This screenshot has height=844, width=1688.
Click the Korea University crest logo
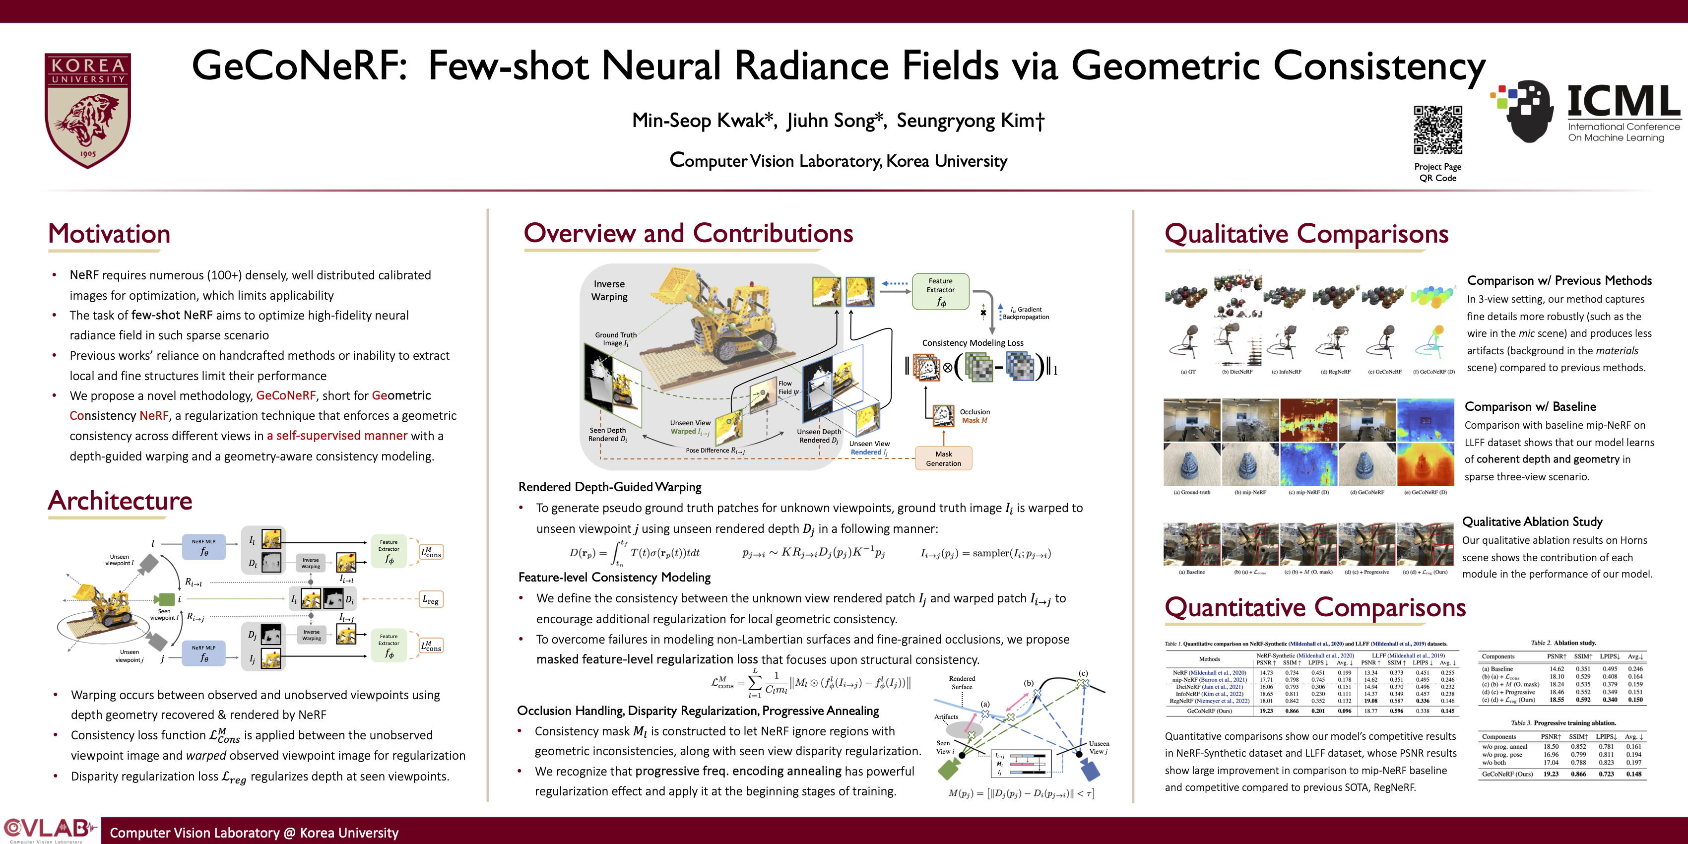click(x=88, y=110)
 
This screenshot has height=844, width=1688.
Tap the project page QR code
click(x=1438, y=129)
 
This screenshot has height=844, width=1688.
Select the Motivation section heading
click(x=110, y=234)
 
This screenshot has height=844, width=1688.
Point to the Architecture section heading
click(x=120, y=501)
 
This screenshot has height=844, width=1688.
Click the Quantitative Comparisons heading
click(x=1315, y=607)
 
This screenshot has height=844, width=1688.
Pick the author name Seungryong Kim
click(x=971, y=121)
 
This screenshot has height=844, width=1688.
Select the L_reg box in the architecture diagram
click(x=431, y=599)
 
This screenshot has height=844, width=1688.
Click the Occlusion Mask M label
click(x=974, y=416)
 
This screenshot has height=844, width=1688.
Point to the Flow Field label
click(x=785, y=388)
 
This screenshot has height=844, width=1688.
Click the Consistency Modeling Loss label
click(x=973, y=343)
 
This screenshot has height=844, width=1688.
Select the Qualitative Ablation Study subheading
click(x=1532, y=521)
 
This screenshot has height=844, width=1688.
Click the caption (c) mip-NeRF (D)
click(x=1308, y=492)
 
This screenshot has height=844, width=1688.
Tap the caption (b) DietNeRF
click(x=1236, y=372)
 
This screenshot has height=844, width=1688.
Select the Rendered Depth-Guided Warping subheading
click(x=609, y=487)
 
